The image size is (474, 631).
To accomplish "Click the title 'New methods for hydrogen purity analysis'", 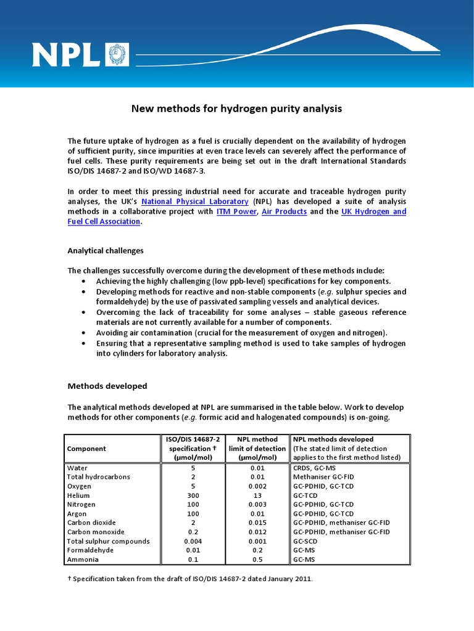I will pyautogui.click(x=236, y=108).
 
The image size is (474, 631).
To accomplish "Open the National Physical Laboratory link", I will pyautogui.click(x=195, y=202).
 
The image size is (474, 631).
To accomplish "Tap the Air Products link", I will pyautogui.click(x=284, y=211).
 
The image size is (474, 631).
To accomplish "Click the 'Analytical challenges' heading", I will pyautogui.click(x=105, y=251).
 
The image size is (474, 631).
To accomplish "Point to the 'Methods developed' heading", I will pyautogui.click(x=107, y=386).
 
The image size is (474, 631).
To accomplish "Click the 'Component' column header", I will pyautogui.click(x=87, y=449).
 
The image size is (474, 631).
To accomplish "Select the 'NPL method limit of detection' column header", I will pyautogui.click(x=257, y=449).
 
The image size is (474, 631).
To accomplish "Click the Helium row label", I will pyautogui.click(x=78, y=495).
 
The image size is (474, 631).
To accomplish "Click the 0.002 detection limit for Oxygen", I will pyautogui.click(x=257, y=486).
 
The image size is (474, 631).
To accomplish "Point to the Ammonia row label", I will pyautogui.click(x=82, y=560).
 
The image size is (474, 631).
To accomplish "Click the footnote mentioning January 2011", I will pyautogui.click(x=190, y=579).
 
